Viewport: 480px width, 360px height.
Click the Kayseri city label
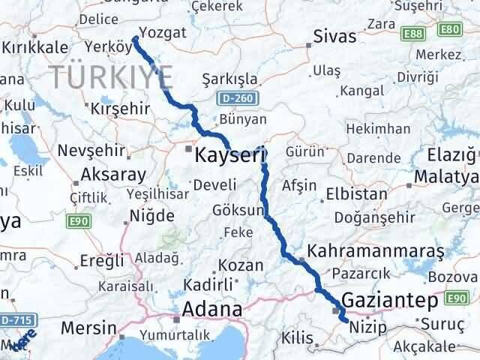pyautogui.click(x=230, y=157)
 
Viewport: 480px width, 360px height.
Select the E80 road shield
pyautogui.click(x=449, y=28)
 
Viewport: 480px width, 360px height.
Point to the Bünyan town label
pyautogui.click(x=244, y=119)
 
